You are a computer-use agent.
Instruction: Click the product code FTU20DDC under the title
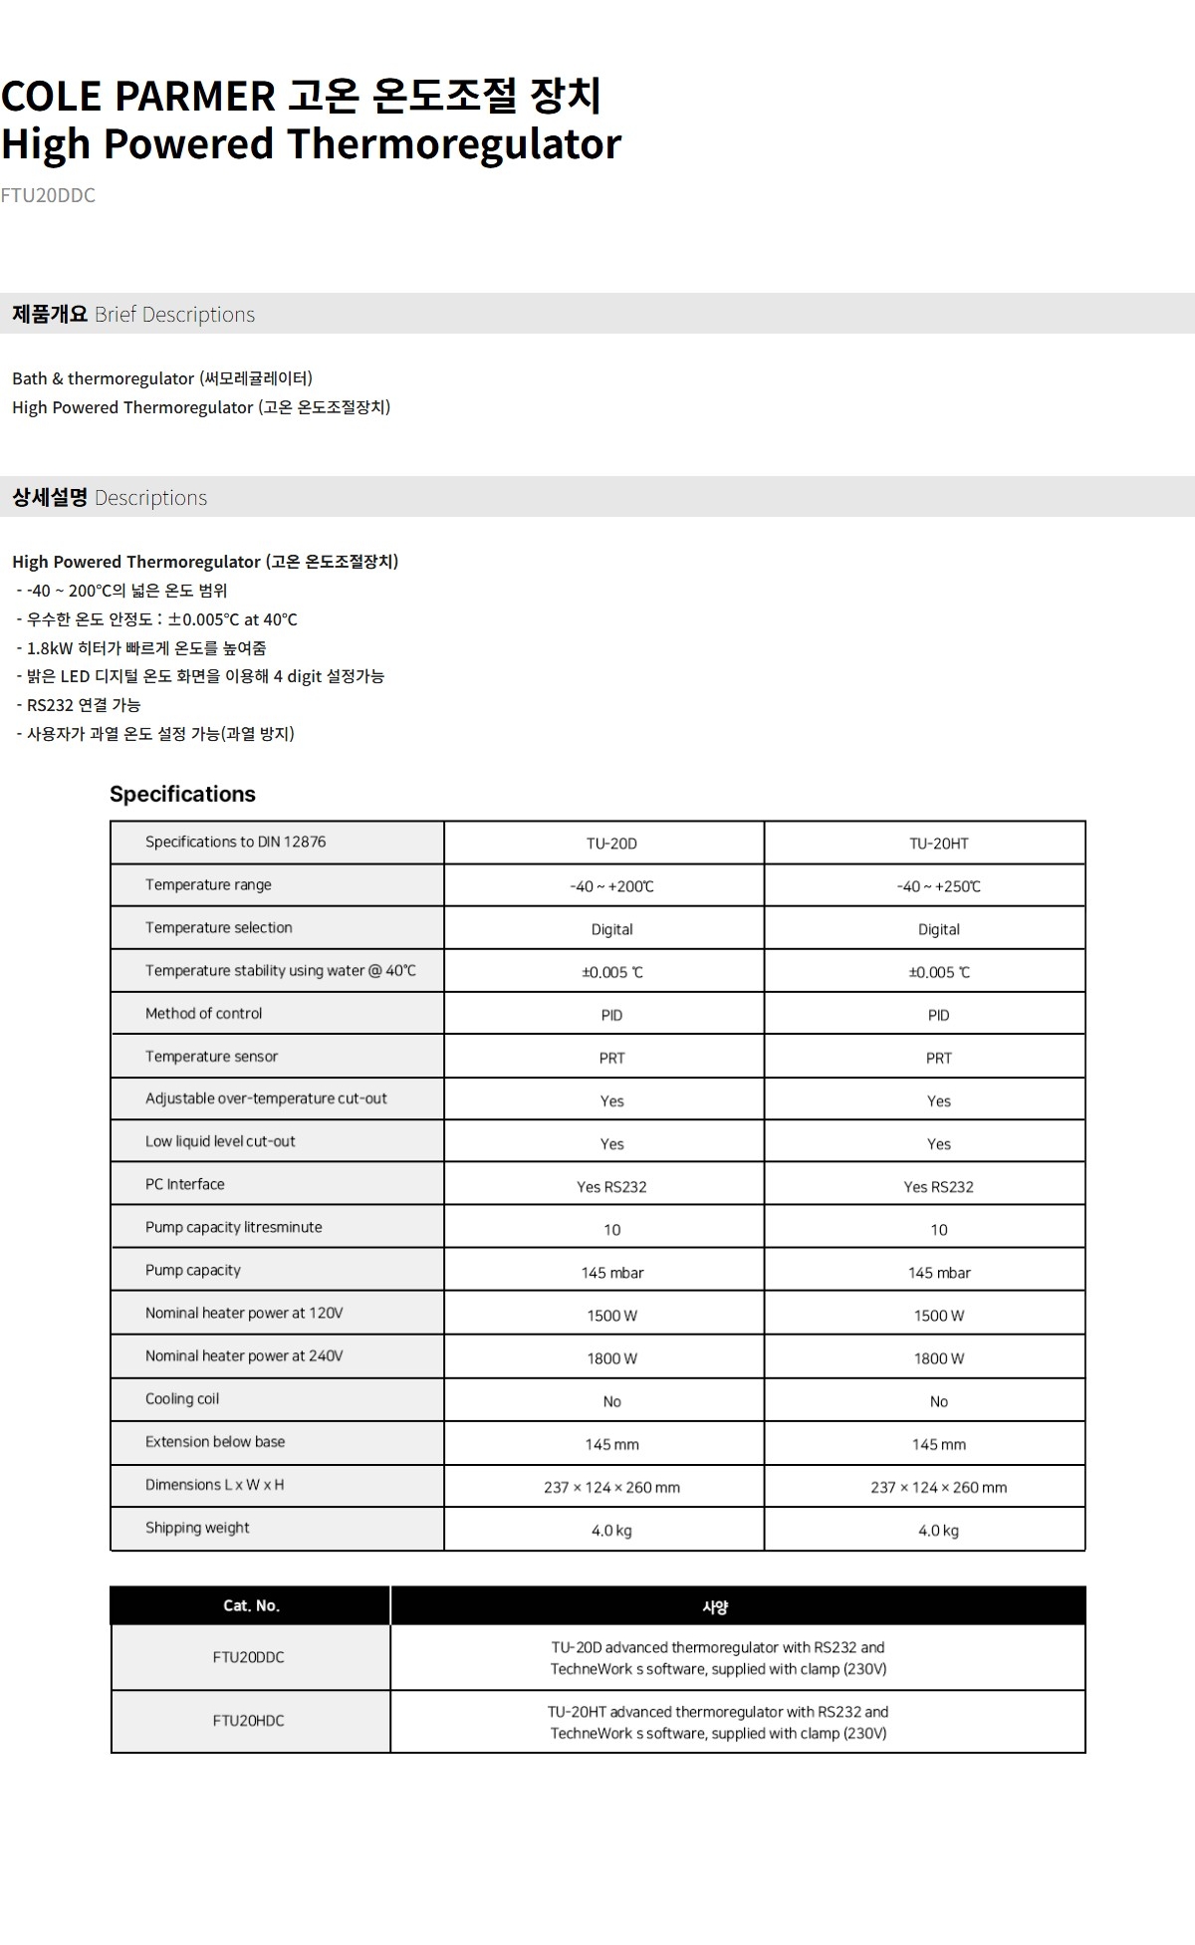point(48,195)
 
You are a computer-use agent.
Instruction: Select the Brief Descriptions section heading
point(133,315)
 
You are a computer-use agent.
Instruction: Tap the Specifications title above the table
point(182,794)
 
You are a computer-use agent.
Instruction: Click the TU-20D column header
point(611,844)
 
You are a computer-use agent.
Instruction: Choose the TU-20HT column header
point(938,844)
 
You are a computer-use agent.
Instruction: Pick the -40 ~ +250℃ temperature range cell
point(938,886)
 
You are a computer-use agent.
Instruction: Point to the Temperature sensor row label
point(211,1057)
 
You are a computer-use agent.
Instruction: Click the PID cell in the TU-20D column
point(611,1015)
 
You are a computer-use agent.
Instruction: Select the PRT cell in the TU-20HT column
point(938,1058)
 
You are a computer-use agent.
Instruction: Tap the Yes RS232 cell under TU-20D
point(611,1187)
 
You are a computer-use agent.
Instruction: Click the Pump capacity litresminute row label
point(233,1228)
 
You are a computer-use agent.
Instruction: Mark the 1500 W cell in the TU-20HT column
point(938,1316)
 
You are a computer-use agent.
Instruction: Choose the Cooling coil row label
point(182,1399)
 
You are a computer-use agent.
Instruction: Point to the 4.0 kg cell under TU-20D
point(611,1531)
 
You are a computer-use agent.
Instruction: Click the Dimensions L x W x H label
point(214,1485)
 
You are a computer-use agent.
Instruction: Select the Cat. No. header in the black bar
point(251,1605)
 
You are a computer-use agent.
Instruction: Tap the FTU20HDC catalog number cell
point(248,1721)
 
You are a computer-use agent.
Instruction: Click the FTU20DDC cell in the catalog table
point(248,1657)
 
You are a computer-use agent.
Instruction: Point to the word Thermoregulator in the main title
point(454,144)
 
